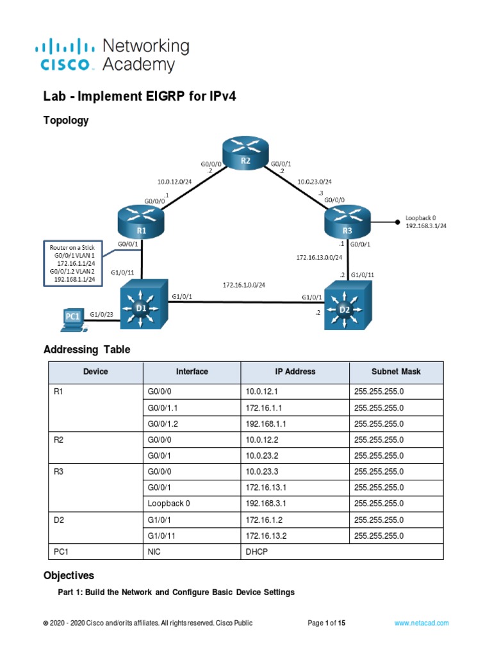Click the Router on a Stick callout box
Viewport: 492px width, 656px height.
point(70,262)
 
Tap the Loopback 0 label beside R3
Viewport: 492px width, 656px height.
point(427,222)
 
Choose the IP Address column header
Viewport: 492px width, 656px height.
point(295,372)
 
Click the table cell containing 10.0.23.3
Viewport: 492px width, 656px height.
point(262,471)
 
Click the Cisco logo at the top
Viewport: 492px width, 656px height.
point(67,54)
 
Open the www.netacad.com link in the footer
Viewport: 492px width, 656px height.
point(422,623)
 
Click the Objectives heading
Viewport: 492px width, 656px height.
point(69,575)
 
